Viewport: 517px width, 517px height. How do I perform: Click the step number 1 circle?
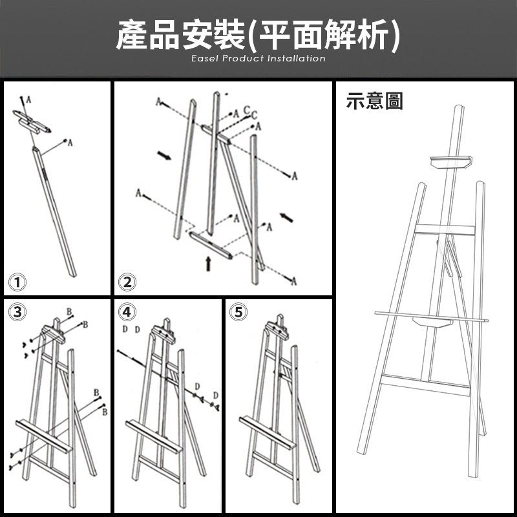17,282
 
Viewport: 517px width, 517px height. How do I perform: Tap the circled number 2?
127,282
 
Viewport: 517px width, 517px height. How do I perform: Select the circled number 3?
17,312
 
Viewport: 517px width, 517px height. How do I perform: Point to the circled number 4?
128,312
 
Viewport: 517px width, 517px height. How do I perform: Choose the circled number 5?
238,312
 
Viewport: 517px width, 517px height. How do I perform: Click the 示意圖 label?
374,101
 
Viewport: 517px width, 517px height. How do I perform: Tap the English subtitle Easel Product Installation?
258,59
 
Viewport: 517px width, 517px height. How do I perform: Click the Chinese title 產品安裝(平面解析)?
258,34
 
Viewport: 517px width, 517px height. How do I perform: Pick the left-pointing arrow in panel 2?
286,215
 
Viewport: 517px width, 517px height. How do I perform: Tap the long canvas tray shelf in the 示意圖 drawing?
429,315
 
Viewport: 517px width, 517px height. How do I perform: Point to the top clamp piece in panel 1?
32,121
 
